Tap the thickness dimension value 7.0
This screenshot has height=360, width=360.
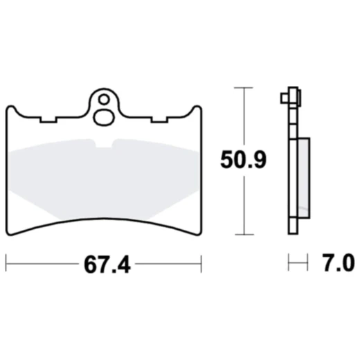tap(339, 264)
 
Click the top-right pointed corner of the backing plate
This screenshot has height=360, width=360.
tap(199, 107)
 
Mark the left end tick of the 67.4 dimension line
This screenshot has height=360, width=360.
tap(6, 263)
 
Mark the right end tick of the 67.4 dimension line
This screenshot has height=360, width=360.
tap(201, 263)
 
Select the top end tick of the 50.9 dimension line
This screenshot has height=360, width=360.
tap(241, 88)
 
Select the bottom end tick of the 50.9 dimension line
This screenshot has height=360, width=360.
tap(241, 234)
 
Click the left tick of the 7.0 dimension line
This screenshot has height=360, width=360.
tap(289, 263)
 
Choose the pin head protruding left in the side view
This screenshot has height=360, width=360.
tap(285, 96)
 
